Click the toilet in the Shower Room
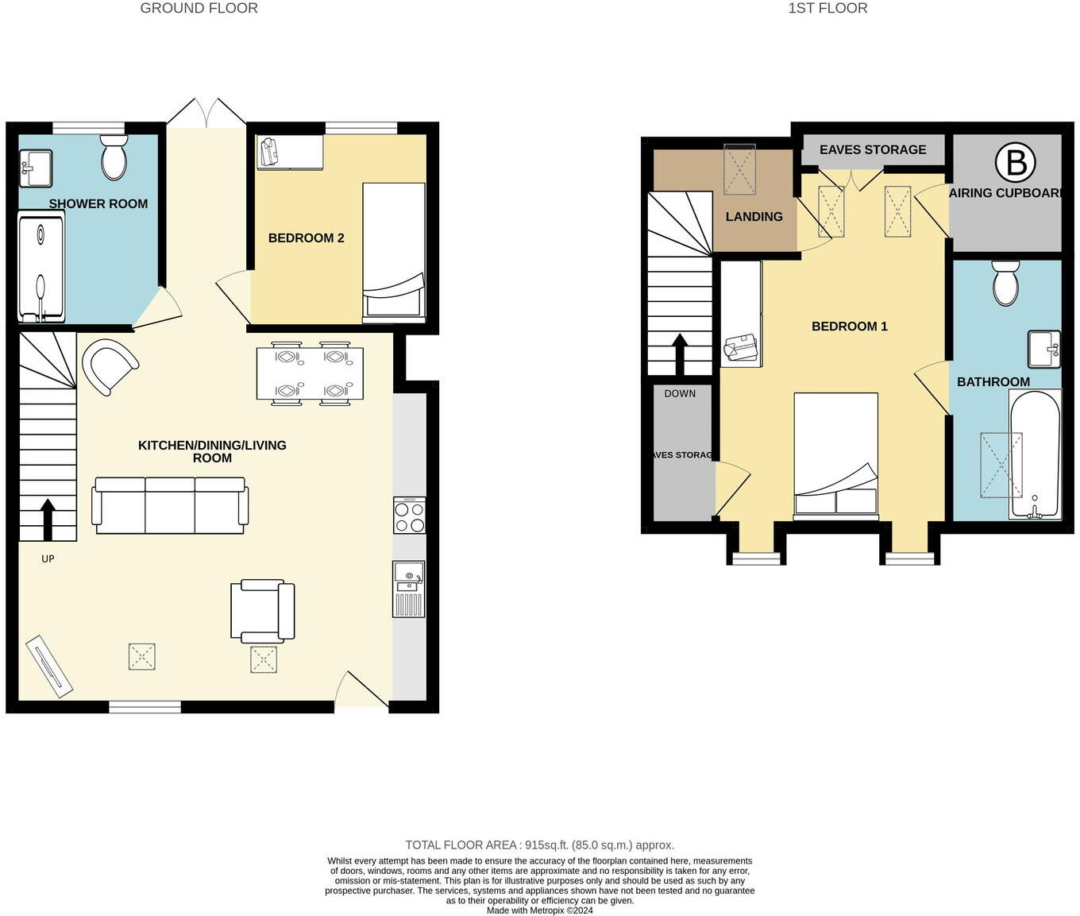pos(114,157)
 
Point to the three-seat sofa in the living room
pos(170,505)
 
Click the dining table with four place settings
pos(310,373)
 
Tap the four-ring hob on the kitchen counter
pos(410,516)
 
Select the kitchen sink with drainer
pos(409,589)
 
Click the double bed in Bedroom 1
pos(836,456)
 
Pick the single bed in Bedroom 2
pos(394,251)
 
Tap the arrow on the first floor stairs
pos(680,354)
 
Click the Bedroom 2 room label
pos(306,238)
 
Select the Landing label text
pos(754,216)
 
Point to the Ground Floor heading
pos(199,9)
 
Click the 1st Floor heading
pos(827,9)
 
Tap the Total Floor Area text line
pos(539,845)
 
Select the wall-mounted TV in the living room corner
pos(49,663)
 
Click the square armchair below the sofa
pos(263,611)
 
